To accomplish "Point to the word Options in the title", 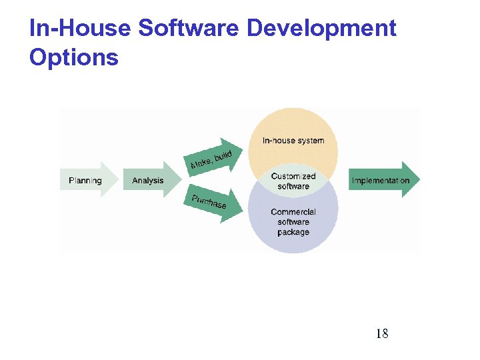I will [73, 58].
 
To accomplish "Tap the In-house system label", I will [293, 141].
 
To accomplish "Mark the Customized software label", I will [293, 181].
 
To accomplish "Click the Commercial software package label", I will [293, 222].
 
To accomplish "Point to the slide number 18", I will [382, 333].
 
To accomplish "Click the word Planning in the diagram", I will [85, 181].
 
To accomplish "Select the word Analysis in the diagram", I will [148, 181].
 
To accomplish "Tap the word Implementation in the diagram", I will [380, 181].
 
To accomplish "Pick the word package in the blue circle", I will [293, 232].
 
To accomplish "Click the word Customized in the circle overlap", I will [293, 177].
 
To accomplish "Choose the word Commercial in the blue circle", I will [293, 212].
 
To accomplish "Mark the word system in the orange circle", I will [311, 141].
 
